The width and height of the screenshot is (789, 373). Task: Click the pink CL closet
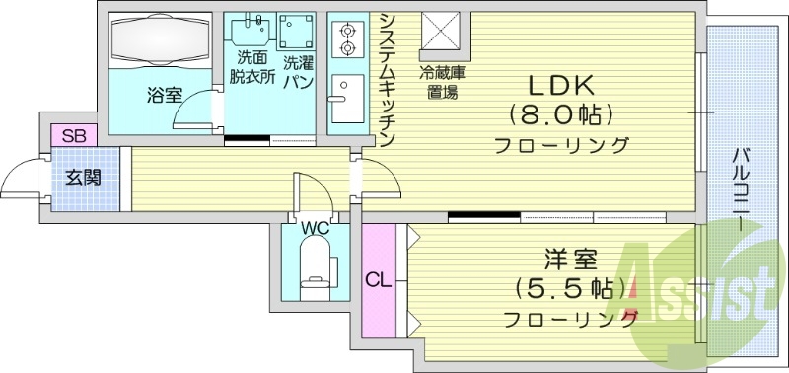point(378,279)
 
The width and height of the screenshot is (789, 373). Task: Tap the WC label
point(315,229)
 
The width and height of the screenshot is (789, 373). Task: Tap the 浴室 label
point(164,96)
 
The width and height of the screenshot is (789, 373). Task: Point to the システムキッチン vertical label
point(388,79)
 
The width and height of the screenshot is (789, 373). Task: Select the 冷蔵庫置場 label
point(440,83)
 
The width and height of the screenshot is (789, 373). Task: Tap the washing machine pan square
point(297,33)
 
